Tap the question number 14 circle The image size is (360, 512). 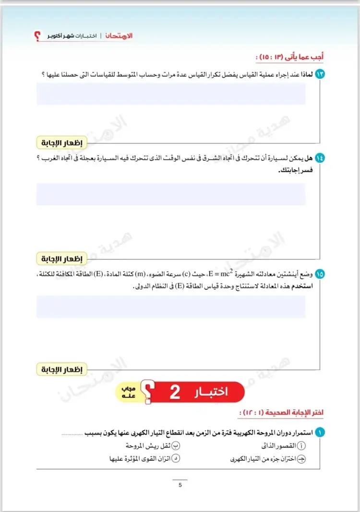[x=320, y=157]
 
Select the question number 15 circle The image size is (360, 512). [x=320, y=274]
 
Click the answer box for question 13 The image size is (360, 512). [x=171, y=94]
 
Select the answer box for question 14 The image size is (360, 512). [x=171, y=194]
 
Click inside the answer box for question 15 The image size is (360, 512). [x=171, y=307]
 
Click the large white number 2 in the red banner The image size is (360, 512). [x=175, y=392]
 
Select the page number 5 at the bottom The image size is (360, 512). [x=180, y=485]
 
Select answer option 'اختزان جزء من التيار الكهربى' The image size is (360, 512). [x=269, y=459]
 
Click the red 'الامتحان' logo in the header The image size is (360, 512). [x=119, y=36]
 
